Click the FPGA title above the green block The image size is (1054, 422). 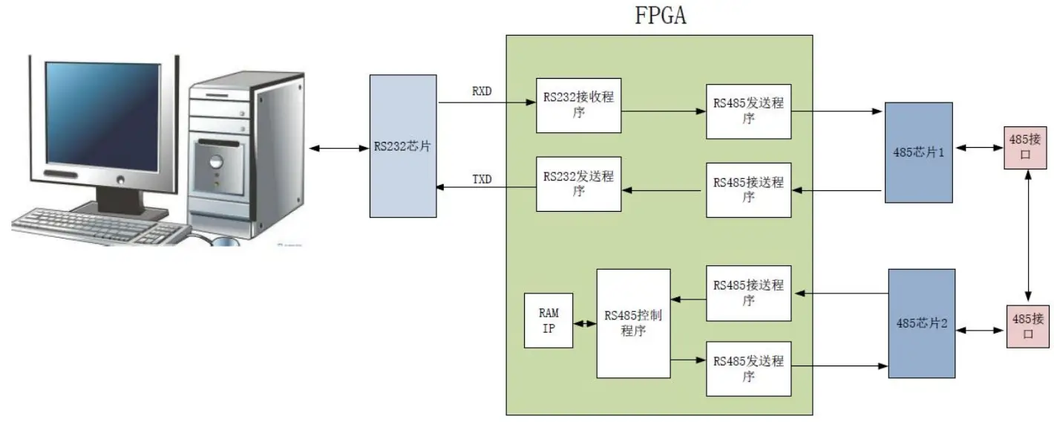click(x=660, y=16)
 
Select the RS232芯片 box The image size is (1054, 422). click(x=403, y=146)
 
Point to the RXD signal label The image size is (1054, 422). click(x=482, y=92)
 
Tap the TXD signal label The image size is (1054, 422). click(x=482, y=180)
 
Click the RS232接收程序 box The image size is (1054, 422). click(x=578, y=105)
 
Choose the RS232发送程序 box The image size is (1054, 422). click(x=578, y=184)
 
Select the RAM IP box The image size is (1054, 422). click(x=549, y=320)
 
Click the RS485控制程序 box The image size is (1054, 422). click(x=633, y=322)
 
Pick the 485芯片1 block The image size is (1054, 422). click(x=918, y=152)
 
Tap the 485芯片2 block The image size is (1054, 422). click(x=921, y=323)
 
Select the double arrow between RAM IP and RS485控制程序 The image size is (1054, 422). click(x=585, y=324)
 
